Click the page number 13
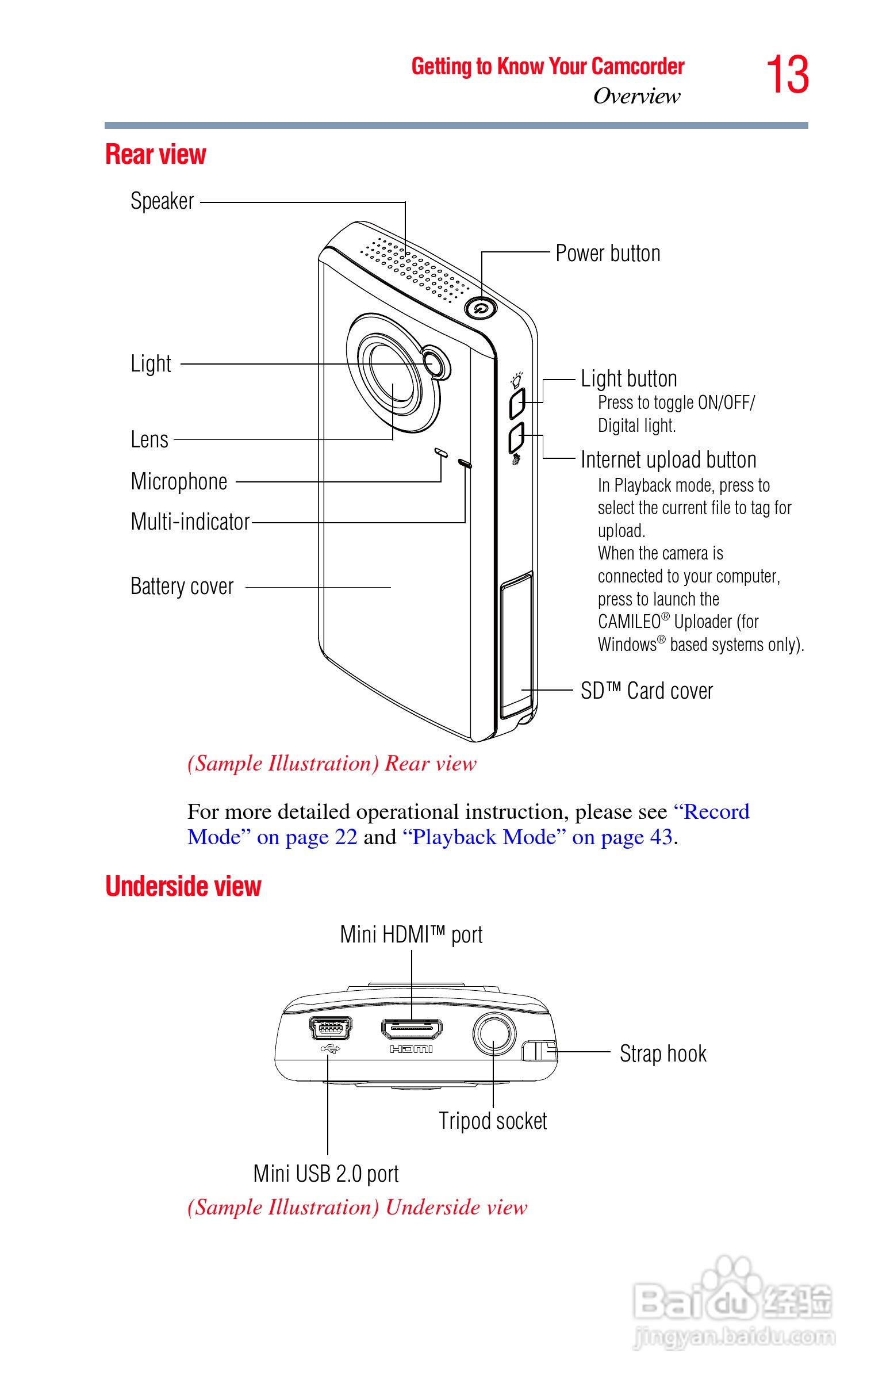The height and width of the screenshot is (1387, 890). point(787,75)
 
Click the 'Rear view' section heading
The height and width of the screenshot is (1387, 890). point(155,155)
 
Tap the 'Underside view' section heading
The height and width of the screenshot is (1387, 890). point(183,887)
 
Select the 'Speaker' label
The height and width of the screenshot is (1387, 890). point(162,202)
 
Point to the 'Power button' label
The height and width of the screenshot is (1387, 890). point(607,254)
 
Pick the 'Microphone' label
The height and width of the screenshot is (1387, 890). point(179,481)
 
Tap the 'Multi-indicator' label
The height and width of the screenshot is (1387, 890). point(190,522)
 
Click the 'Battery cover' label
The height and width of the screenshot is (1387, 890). point(182,587)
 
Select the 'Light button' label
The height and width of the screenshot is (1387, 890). point(629,379)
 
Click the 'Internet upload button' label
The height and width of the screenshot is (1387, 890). point(669,460)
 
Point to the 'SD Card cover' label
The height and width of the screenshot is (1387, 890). point(647,691)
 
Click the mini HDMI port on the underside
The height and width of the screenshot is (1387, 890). point(412,1029)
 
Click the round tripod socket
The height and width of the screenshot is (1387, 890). point(494,1033)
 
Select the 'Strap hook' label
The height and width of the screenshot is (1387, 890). point(663,1054)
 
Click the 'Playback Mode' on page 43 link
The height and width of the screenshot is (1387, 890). point(537,837)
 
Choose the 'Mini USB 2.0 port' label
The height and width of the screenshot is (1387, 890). point(326,1174)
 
